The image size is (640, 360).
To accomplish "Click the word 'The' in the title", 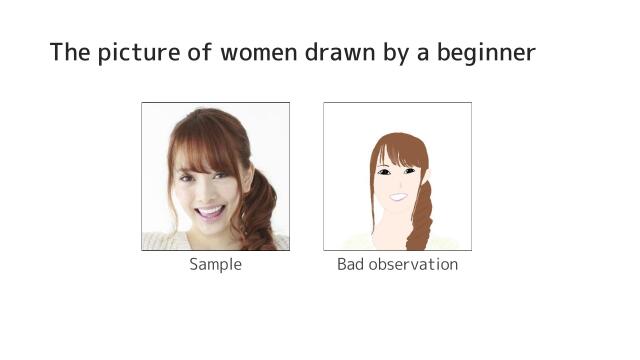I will tap(69, 52).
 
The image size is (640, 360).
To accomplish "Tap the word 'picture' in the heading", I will tap(141, 53).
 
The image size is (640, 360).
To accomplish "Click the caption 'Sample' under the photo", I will tap(215, 265).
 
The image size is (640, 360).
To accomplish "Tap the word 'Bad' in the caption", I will tap(352, 265).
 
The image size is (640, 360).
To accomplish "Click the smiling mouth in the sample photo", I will tap(210, 211).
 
